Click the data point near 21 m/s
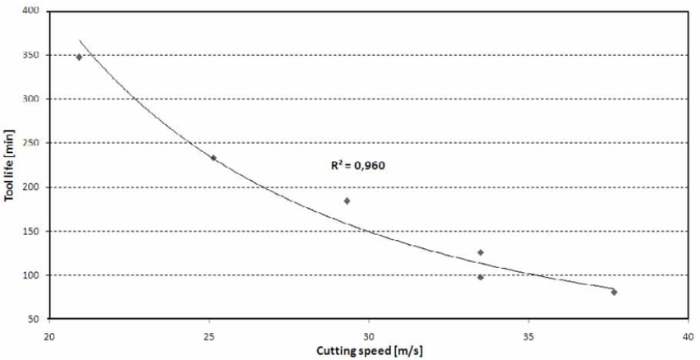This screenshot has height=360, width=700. (x=79, y=57)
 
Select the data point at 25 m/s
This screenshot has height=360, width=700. (x=213, y=158)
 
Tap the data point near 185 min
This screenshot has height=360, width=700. (x=347, y=201)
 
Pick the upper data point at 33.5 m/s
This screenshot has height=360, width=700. (x=481, y=252)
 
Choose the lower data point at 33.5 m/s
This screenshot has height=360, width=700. (x=481, y=277)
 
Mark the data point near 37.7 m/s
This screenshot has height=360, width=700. (x=614, y=292)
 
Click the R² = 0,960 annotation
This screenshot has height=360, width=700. (x=357, y=165)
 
